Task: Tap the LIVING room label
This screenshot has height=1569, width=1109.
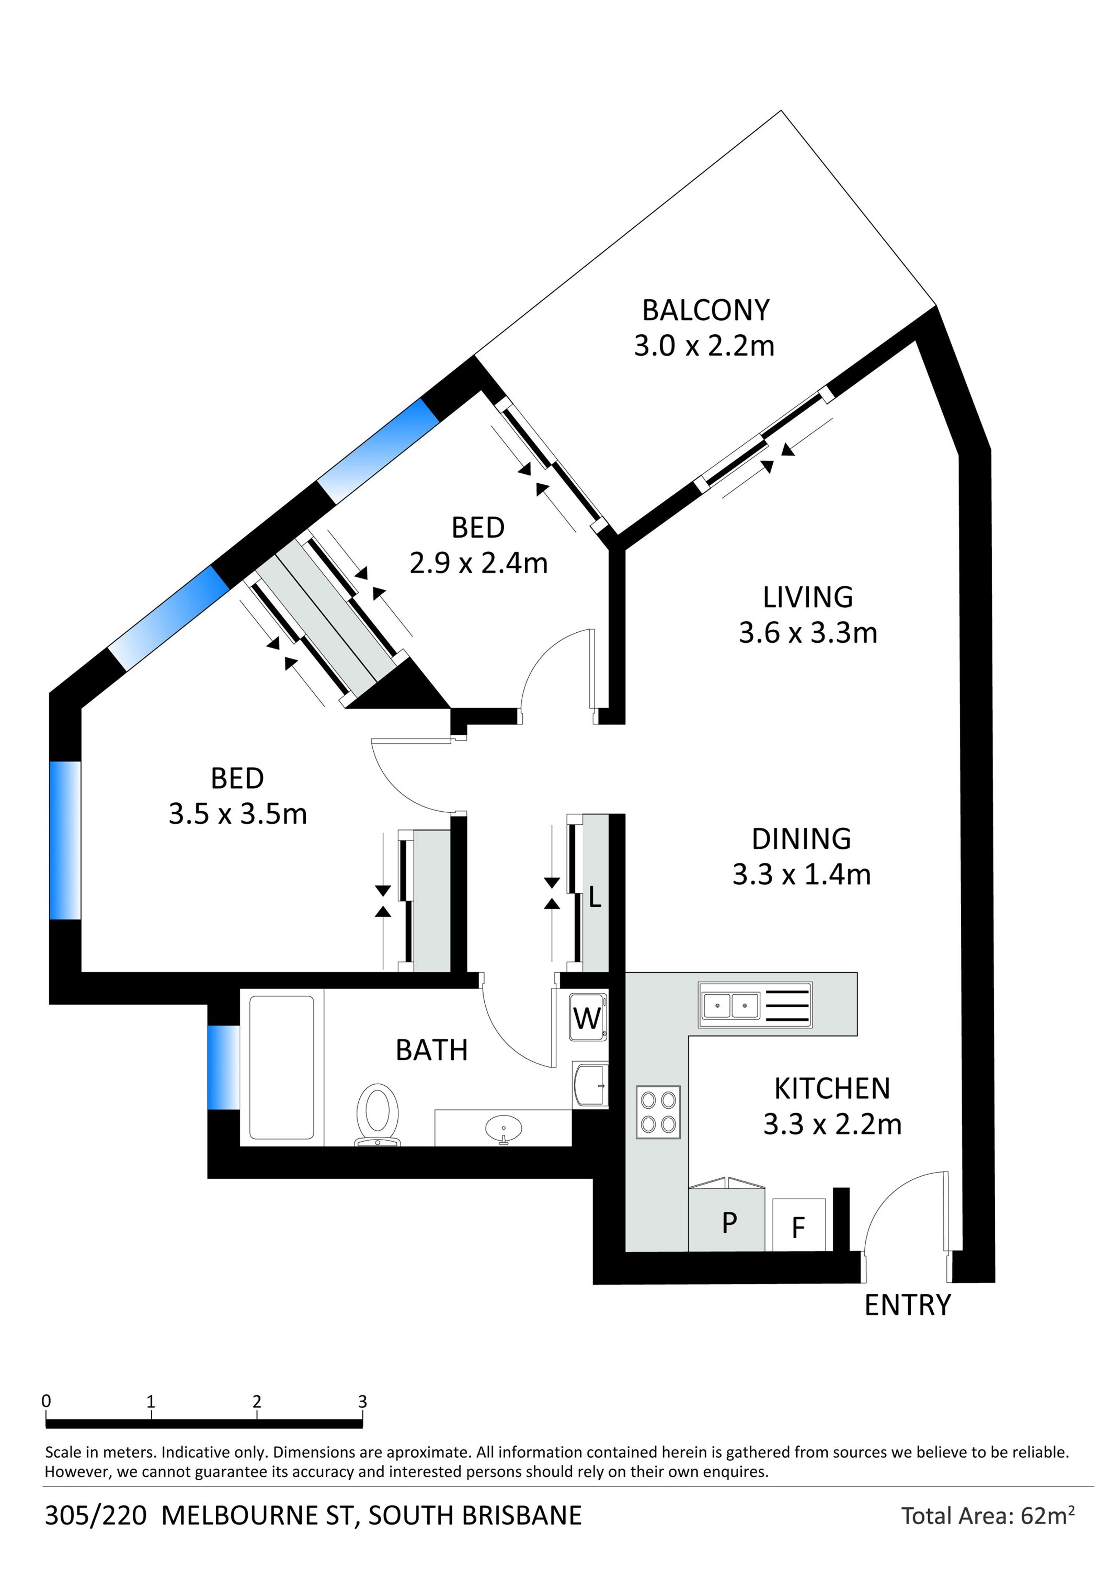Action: (x=808, y=597)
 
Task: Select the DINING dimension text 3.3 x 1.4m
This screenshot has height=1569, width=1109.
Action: (x=801, y=875)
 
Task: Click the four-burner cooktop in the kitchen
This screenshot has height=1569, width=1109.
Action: (x=658, y=1112)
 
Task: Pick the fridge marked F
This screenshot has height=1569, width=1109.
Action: (x=799, y=1225)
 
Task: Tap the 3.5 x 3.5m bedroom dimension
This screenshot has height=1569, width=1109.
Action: (x=238, y=815)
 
